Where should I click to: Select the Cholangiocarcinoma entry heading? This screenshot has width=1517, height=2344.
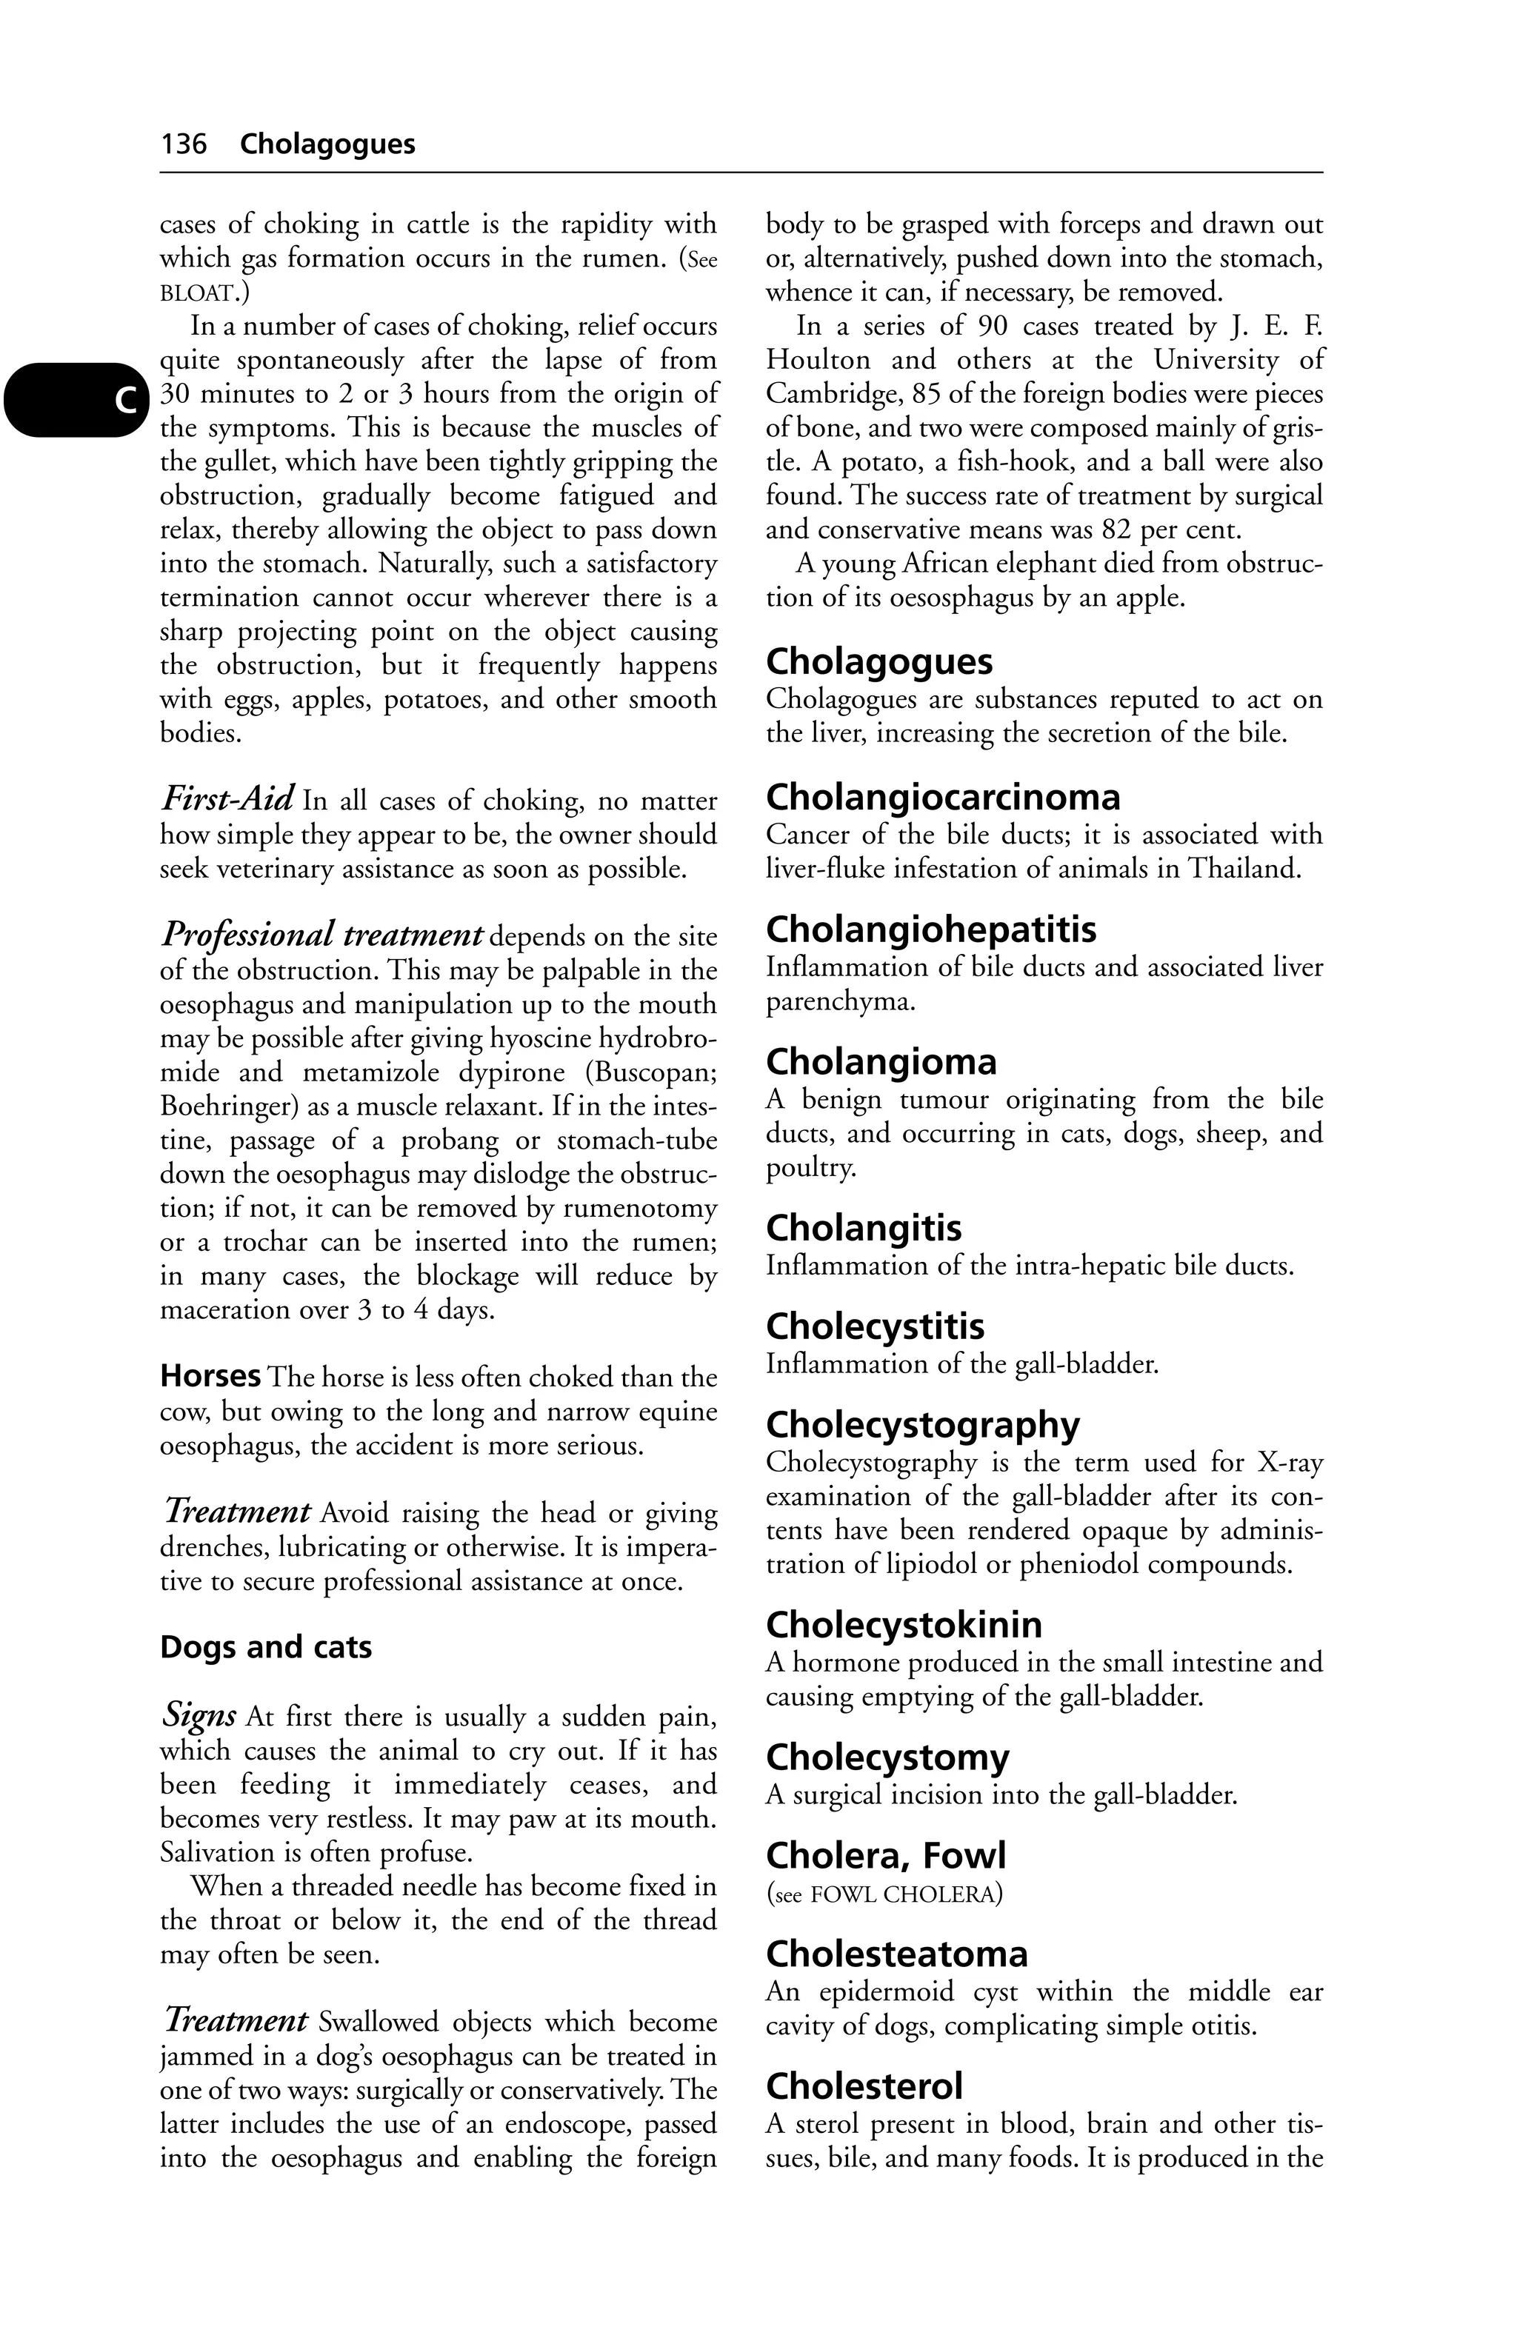pyautogui.click(x=943, y=797)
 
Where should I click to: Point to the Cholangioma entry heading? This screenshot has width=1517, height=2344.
pyautogui.click(x=881, y=1062)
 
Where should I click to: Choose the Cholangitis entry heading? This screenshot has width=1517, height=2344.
pyautogui.click(x=863, y=1228)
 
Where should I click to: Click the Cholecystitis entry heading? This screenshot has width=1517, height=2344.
pyautogui.click(x=875, y=1326)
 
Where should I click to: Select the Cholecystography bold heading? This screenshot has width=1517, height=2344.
pyautogui.click(x=922, y=1425)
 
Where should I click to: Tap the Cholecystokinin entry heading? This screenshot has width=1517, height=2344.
pyautogui.click(x=903, y=1624)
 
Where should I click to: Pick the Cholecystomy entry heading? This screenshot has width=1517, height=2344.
pyautogui.click(x=887, y=1757)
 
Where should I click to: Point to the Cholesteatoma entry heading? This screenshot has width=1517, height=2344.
pyautogui.click(x=896, y=1954)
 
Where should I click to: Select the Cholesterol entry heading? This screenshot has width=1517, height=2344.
pyautogui.click(x=864, y=2086)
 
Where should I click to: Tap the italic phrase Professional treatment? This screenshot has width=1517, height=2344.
pyautogui.click(x=321, y=932)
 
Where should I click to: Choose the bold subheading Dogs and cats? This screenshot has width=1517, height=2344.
pyautogui.click(x=266, y=1648)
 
